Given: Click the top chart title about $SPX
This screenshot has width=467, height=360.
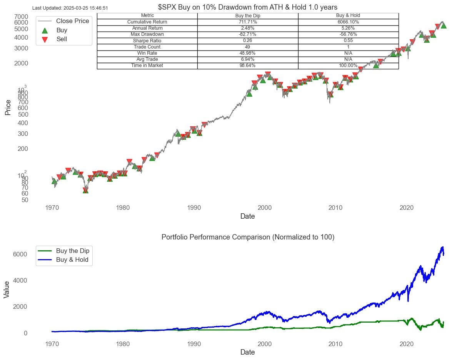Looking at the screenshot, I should click(x=247, y=7).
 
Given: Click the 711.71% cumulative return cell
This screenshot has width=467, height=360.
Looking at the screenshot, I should click(x=247, y=22).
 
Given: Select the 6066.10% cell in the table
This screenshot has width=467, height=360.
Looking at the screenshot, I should click(x=348, y=22).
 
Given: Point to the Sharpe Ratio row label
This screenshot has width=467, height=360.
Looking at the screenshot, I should click(x=147, y=41).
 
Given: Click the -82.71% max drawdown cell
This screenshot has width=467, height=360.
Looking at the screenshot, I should click(x=247, y=34).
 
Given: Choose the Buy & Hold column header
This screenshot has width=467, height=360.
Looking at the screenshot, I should click(x=348, y=15).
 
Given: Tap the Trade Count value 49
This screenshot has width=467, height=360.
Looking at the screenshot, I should click(x=247, y=47).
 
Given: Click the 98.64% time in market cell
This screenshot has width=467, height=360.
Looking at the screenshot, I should click(x=247, y=66).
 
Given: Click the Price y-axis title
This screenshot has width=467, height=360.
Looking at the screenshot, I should click(x=8, y=107).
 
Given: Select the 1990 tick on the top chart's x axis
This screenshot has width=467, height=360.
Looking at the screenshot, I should click(x=193, y=208).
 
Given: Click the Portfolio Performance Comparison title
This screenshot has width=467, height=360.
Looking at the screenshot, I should click(x=247, y=237).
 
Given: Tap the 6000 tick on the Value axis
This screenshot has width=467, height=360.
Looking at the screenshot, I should click(x=20, y=254).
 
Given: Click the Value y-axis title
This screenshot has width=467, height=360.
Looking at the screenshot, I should click(x=7, y=289).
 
